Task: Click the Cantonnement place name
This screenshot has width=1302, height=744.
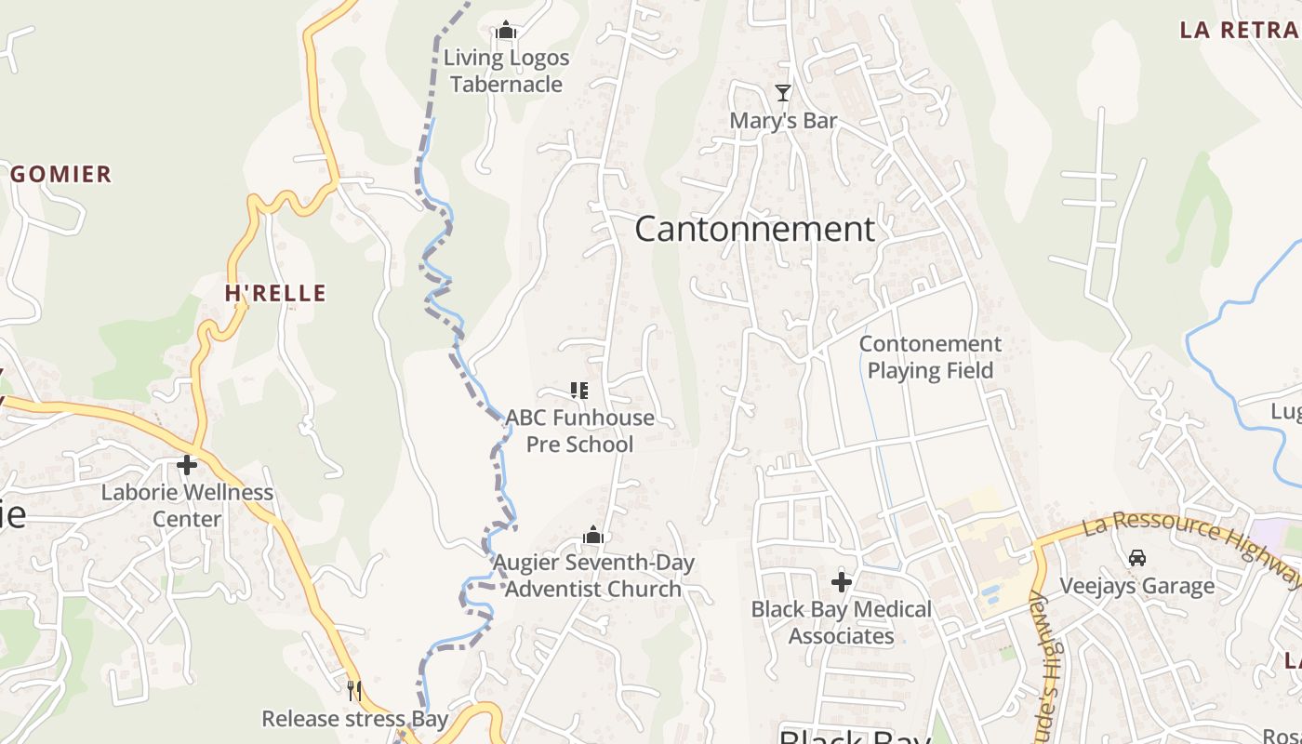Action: [754, 229]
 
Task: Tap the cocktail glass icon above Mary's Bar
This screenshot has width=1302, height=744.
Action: [783, 93]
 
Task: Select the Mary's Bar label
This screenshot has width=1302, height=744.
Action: [783, 121]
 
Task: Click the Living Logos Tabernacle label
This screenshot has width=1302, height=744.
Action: [506, 71]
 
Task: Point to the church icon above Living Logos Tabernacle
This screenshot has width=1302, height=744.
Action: [506, 31]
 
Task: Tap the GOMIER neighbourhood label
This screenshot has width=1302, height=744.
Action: [61, 174]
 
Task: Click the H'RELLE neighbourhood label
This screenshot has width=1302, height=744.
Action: [275, 293]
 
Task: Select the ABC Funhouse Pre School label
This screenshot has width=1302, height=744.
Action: [580, 431]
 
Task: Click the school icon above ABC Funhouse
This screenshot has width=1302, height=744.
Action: [579, 391]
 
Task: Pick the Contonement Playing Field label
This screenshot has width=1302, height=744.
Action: [930, 357]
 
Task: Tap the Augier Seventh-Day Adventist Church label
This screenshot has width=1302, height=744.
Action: [593, 576]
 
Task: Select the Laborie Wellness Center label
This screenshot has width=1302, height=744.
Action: [187, 505]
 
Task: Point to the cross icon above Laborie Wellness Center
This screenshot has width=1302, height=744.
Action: [187, 464]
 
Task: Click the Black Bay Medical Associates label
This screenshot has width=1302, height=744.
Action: [842, 622]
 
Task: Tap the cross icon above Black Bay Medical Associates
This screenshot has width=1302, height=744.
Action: [842, 582]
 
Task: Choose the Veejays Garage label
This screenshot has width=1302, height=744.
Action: [1136, 586]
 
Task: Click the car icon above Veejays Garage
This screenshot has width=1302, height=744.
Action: [1136, 558]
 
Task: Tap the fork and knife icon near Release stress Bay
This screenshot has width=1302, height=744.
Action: [353, 690]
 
